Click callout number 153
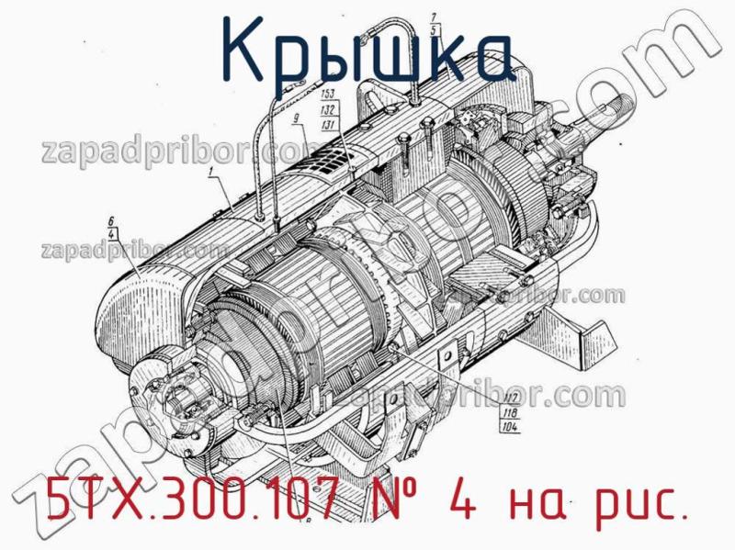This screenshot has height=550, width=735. (x=328, y=94)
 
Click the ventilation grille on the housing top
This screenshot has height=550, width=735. (x=331, y=165)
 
